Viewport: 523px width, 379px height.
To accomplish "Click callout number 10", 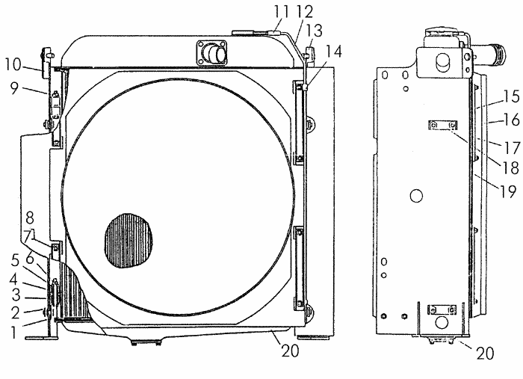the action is tap(13, 64).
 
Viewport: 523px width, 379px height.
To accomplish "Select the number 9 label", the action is tap(14, 88).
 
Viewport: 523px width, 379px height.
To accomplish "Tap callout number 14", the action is tap(333, 52).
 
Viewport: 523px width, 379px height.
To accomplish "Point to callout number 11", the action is tap(281, 12).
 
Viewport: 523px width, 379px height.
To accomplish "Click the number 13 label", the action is tap(314, 31).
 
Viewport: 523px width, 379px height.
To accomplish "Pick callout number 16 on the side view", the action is tap(511, 120).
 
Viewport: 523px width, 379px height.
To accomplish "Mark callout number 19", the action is tap(508, 191).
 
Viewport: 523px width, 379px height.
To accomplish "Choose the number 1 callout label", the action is tap(13, 333).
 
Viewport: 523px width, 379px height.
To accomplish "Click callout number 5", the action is tap(15, 261).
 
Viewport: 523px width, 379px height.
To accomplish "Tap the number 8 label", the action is tap(30, 218).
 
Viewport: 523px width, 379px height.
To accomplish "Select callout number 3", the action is tap(16, 295).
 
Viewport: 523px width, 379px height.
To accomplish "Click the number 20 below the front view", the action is tap(290, 351).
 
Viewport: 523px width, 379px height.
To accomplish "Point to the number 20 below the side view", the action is tap(485, 354).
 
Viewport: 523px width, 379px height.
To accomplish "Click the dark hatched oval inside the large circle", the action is tap(129, 241).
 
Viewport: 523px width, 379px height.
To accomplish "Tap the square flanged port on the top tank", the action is tap(211, 52).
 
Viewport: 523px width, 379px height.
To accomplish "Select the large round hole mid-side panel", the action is tap(416, 196).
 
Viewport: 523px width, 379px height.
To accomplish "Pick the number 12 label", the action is tap(305, 12).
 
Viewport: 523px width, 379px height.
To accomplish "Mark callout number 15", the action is tap(511, 96).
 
